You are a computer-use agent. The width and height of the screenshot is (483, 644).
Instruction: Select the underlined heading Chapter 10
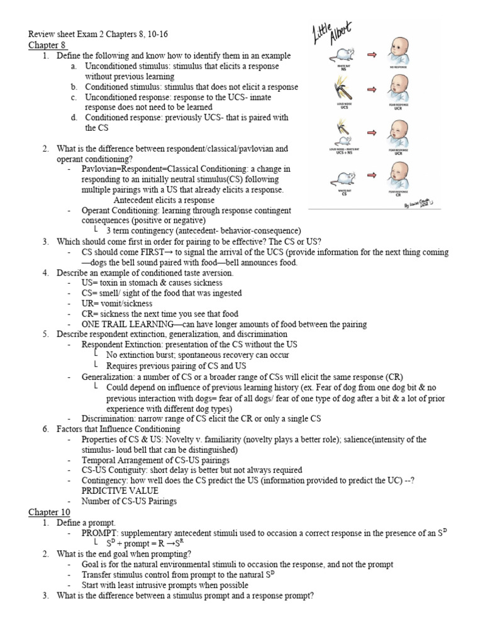[x=49, y=512]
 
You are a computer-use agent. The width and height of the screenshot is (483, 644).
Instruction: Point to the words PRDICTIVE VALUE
[x=119, y=491]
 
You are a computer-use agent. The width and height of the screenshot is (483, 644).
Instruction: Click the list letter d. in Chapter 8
[x=74, y=117]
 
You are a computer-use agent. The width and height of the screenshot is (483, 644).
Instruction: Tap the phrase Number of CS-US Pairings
[x=130, y=501]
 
